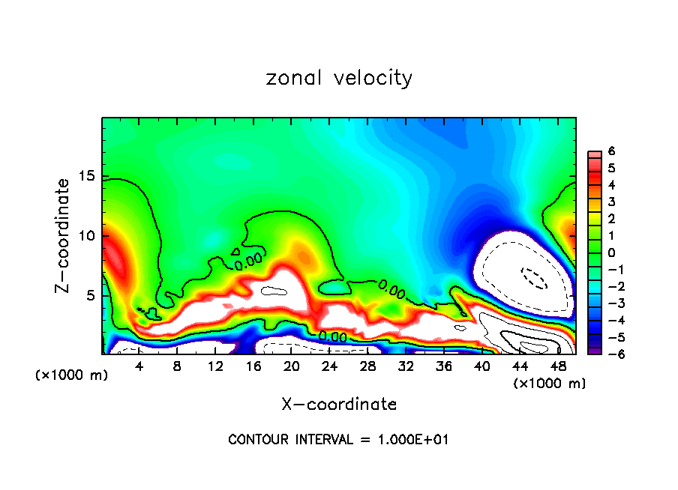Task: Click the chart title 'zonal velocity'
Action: click(339, 78)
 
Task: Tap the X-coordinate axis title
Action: click(339, 405)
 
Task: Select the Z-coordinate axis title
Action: click(63, 235)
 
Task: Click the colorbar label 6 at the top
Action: click(611, 151)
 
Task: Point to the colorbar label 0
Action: click(611, 252)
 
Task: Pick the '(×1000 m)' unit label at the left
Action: click(72, 375)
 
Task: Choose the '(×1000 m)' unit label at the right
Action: click(549, 384)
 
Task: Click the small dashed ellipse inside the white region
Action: click(535, 278)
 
